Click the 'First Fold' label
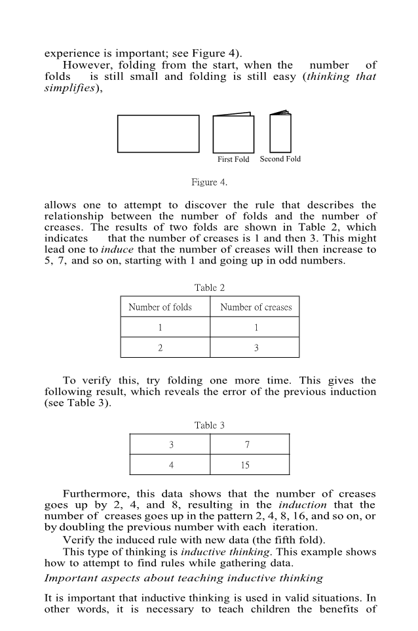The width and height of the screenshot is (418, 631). tap(233, 160)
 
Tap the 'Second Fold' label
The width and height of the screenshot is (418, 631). tap(280, 159)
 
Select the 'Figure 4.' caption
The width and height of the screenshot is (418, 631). tap(209, 182)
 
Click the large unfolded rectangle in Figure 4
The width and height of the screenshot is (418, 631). tap(158, 134)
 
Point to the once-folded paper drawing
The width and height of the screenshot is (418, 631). tap(233, 134)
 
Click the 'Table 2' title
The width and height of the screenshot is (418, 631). tap(209, 288)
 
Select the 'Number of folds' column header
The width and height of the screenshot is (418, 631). tap(160, 307)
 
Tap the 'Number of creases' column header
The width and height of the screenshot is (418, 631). tap(256, 307)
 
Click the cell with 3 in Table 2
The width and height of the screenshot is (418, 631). tap(256, 348)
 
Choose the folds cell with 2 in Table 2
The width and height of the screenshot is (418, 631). tap(160, 348)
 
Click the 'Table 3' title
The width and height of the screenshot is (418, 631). tap(209, 425)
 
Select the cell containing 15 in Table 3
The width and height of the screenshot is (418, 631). tap(249, 465)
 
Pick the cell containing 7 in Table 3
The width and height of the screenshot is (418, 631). tap(249, 445)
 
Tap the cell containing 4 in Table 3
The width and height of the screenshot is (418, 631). tap(171, 465)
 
